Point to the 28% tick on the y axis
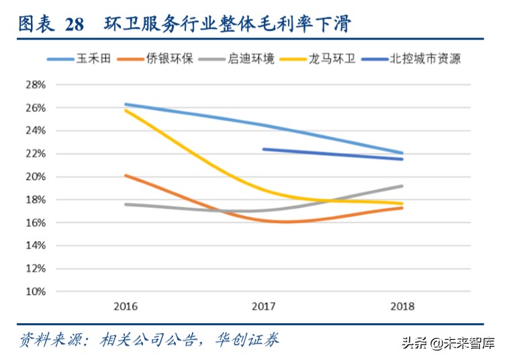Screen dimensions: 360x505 coord(36,85)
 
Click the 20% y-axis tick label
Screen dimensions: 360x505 coord(36,177)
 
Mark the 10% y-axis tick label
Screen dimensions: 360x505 coord(36,291)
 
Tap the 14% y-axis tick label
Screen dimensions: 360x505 coord(36,246)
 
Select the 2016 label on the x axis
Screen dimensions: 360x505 coord(126,306)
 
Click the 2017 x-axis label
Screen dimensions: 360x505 coord(264,306)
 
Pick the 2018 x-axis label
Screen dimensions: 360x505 coord(402,306)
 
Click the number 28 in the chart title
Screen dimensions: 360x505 coord(75,25)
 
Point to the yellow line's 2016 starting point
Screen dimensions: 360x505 coord(126,109)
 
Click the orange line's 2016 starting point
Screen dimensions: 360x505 coord(126,175)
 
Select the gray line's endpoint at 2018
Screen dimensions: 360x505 coord(402,186)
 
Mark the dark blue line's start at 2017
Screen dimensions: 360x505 coord(264,149)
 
